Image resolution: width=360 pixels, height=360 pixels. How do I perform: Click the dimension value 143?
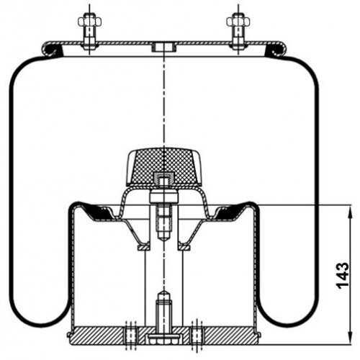pyautogui.click(x=343, y=276)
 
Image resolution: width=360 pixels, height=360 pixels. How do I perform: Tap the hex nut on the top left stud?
pyautogui.click(x=89, y=22)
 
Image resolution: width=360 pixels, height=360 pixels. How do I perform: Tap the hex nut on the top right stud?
pyautogui.click(x=238, y=22)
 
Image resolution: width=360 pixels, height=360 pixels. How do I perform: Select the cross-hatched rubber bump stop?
pyautogui.click(x=163, y=166)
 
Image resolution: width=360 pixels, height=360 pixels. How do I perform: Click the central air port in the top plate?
pyautogui.click(x=164, y=47)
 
